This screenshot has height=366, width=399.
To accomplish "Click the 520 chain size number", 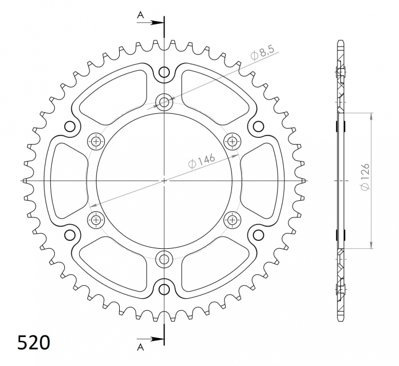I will pos(34,343).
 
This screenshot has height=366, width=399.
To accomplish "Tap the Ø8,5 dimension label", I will pos(263,55).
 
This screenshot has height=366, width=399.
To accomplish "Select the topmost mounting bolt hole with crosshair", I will pos(164,102).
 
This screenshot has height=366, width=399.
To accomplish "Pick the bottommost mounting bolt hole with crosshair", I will pos(164,259).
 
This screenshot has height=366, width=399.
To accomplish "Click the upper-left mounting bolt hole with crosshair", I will pos(96,142).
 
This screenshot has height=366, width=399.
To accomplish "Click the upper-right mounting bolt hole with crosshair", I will pos(233,142).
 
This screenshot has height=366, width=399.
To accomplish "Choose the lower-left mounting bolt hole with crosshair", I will pos(96,219).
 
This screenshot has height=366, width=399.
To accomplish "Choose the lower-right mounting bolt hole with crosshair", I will pos(233,219).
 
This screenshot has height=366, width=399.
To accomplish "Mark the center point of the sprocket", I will pos(164,180).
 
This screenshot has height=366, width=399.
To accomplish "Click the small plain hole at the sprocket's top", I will pos(164,72).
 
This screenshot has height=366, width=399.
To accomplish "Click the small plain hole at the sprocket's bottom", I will pos(164,289).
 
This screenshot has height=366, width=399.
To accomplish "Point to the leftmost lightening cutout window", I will pos(65,180).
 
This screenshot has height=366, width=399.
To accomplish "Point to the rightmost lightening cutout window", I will pos(262,180).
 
